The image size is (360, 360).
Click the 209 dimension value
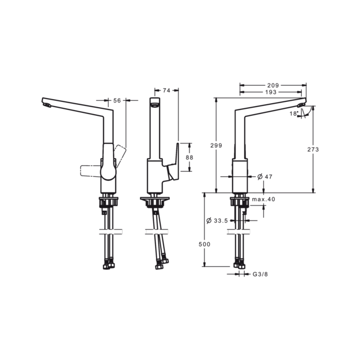pos(273,85)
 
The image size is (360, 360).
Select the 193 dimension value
pos(271,92)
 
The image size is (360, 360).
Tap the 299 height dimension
pos(216,145)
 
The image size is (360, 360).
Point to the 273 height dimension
pos(313,149)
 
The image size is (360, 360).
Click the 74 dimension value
pos(166,90)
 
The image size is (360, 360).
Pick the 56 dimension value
pos(117,101)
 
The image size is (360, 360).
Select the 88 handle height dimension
pos(190,157)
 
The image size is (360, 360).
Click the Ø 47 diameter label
pos(265,177)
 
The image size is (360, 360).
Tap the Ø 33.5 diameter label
pos(217,221)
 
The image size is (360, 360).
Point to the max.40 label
pos(264,199)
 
